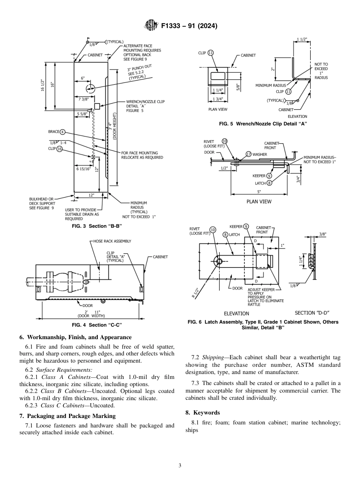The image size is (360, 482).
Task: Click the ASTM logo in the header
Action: coord(152,26)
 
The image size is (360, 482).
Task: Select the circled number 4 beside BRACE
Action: coord(63,132)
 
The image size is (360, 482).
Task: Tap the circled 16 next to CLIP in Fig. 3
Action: coord(59,149)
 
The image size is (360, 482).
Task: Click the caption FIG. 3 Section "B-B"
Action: coord(97,226)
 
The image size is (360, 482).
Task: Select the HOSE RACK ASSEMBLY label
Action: coord(112,241)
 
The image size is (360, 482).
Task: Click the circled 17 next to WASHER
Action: coord(249,154)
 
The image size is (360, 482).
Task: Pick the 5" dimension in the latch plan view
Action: coord(259,192)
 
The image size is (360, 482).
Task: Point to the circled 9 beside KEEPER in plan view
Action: coord(269,176)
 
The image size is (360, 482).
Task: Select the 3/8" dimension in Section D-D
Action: coord(322,234)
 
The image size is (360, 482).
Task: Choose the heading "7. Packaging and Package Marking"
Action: coord(67,416)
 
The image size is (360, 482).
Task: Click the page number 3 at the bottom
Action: coord(180,465)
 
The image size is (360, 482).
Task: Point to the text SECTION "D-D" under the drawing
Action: coord(312,313)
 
